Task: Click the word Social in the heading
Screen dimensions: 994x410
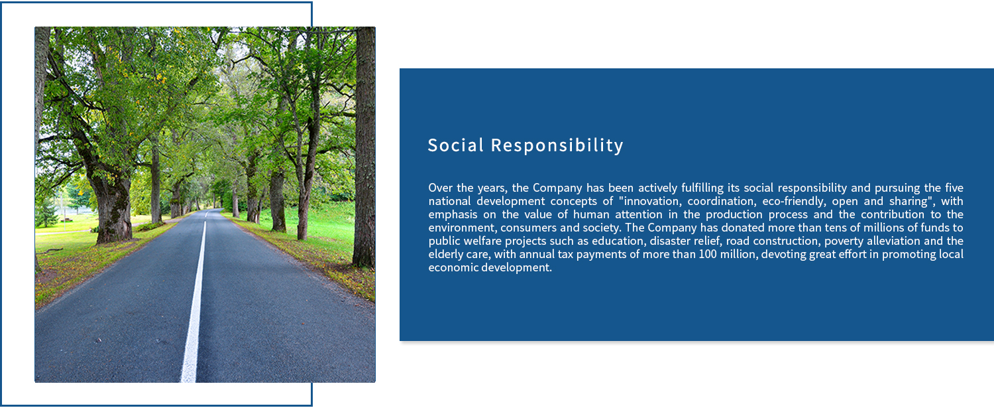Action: [455, 145]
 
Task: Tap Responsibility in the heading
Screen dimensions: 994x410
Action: [557, 146]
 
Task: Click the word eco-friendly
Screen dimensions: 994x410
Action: [793, 201]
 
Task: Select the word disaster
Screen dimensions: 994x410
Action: [670, 241]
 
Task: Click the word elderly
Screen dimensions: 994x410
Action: [446, 255]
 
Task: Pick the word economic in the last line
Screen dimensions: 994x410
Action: [453, 268]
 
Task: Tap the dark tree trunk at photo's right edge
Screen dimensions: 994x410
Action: [364, 147]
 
